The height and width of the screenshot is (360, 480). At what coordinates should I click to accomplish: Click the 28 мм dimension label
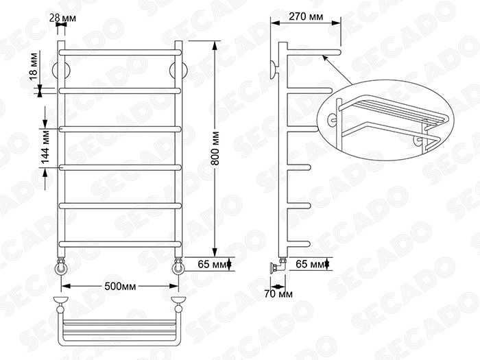63,18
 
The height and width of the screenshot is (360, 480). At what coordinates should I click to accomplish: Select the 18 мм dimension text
33,67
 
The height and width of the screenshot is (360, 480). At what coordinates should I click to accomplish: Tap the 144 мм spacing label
45,147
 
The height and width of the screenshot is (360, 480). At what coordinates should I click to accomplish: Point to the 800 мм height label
215,148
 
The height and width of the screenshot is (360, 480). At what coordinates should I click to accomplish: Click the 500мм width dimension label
120,286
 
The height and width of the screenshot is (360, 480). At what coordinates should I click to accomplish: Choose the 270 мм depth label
306,16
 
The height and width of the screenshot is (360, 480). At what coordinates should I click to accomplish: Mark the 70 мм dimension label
278,294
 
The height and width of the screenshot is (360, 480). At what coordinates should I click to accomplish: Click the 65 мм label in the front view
212,264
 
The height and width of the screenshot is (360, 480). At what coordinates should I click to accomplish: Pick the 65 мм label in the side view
310,264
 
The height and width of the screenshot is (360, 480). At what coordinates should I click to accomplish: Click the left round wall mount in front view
61,71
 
